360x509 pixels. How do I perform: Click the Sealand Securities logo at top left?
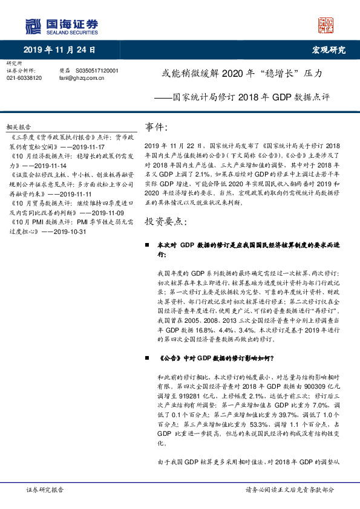[x=61, y=25]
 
